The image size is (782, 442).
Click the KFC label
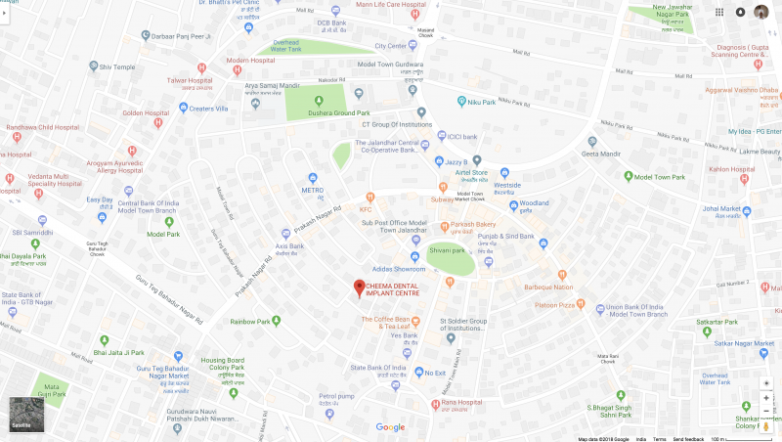(x=366, y=209)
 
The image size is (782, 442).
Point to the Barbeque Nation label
(x=549, y=287)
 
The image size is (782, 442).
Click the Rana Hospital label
(x=464, y=403)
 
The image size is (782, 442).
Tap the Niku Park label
(x=482, y=101)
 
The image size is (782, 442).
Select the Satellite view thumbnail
(x=26, y=415)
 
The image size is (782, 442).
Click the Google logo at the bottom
(x=390, y=427)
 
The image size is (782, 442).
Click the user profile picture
(x=760, y=12)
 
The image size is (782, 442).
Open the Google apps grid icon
(x=719, y=12)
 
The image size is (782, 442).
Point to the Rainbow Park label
(x=249, y=321)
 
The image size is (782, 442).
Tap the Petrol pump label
(x=336, y=396)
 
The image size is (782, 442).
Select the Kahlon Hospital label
(x=732, y=169)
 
